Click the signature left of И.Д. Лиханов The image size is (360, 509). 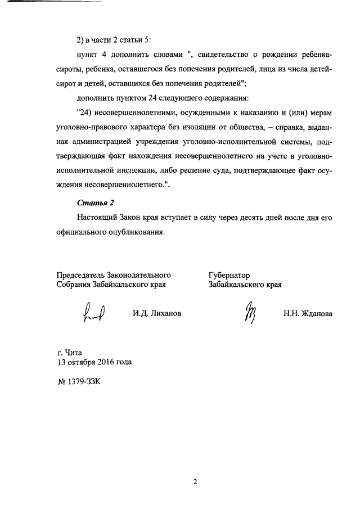tap(94, 312)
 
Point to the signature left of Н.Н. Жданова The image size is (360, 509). tap(249, 312)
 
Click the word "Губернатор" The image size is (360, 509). tap(229, 276)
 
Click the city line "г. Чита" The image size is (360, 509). tap(70, 352)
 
